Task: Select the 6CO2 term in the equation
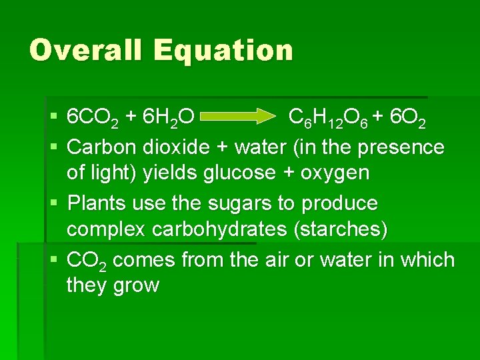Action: [x=93, y=119]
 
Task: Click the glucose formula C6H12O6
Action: [x=327, y=119]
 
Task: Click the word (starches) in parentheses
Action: [x=339, y=229]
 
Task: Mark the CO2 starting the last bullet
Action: [x=87, y=259]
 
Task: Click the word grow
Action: [x=136, y=287]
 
